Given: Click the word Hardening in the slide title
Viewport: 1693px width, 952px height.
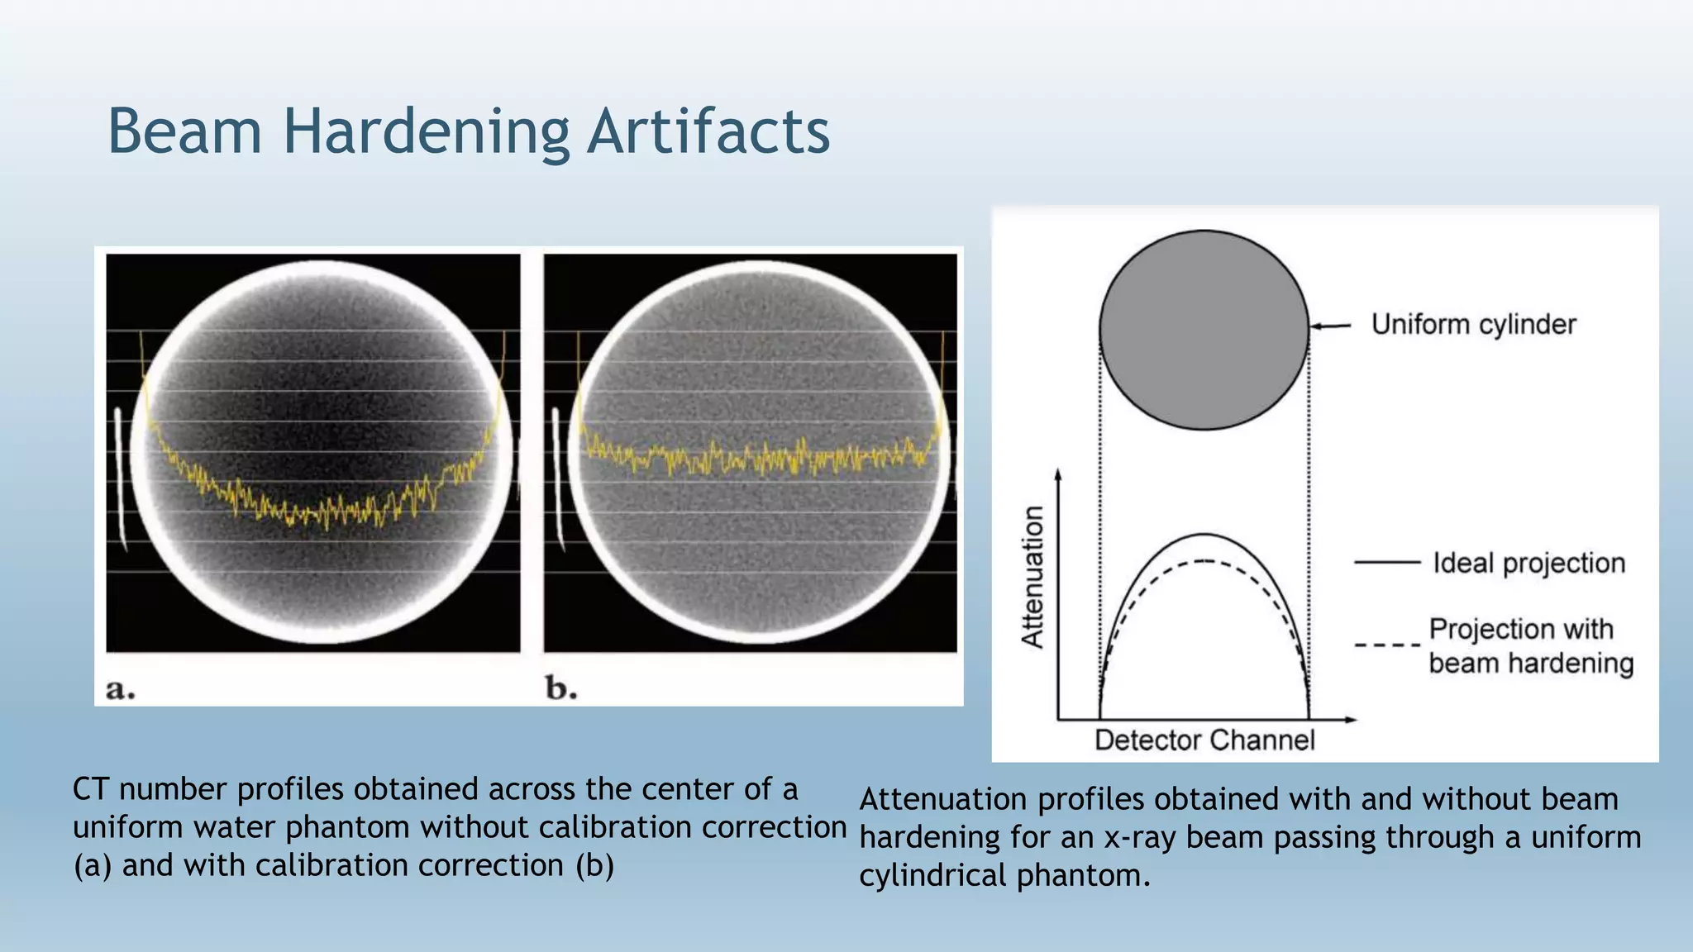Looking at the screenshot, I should click(x=426, y=132).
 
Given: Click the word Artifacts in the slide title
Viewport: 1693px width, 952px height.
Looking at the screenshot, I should click(x=708, y=132).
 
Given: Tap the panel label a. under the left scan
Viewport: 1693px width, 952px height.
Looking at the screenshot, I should click(x=121, y=688).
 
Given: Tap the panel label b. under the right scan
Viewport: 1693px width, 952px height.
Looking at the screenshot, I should click(x=560, y=688).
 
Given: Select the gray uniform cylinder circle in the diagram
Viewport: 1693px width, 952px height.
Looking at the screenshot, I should click(x=1204, y=330).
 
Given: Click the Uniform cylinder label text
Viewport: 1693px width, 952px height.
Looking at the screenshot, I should click(x=1473, y=324).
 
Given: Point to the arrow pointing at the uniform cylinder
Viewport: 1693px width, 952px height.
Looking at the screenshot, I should click(x=1330, y=326).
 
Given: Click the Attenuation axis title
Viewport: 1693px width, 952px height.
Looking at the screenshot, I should click(x=1033, y=576).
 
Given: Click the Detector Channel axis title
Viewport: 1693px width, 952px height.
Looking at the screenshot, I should click(x=1204, y=740).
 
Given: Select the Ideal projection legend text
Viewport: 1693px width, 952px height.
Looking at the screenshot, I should click(x=1528, y=563).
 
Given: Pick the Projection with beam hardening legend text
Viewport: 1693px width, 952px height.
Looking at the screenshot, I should click(x=1530, y=645).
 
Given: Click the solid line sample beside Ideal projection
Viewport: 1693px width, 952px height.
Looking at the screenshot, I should click(x=1386, y=563).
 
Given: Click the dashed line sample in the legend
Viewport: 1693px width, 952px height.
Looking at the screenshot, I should click(x=1386, y=645).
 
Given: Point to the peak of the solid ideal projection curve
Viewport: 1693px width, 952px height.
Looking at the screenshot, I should click(x=1204, y=534).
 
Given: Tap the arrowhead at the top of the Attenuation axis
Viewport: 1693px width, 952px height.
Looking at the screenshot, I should click(x=1058, y=474).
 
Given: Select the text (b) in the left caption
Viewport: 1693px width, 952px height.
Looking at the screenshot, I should click(x=594, y=865).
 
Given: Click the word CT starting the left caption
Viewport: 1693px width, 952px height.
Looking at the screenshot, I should click(x=91, y=789).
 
